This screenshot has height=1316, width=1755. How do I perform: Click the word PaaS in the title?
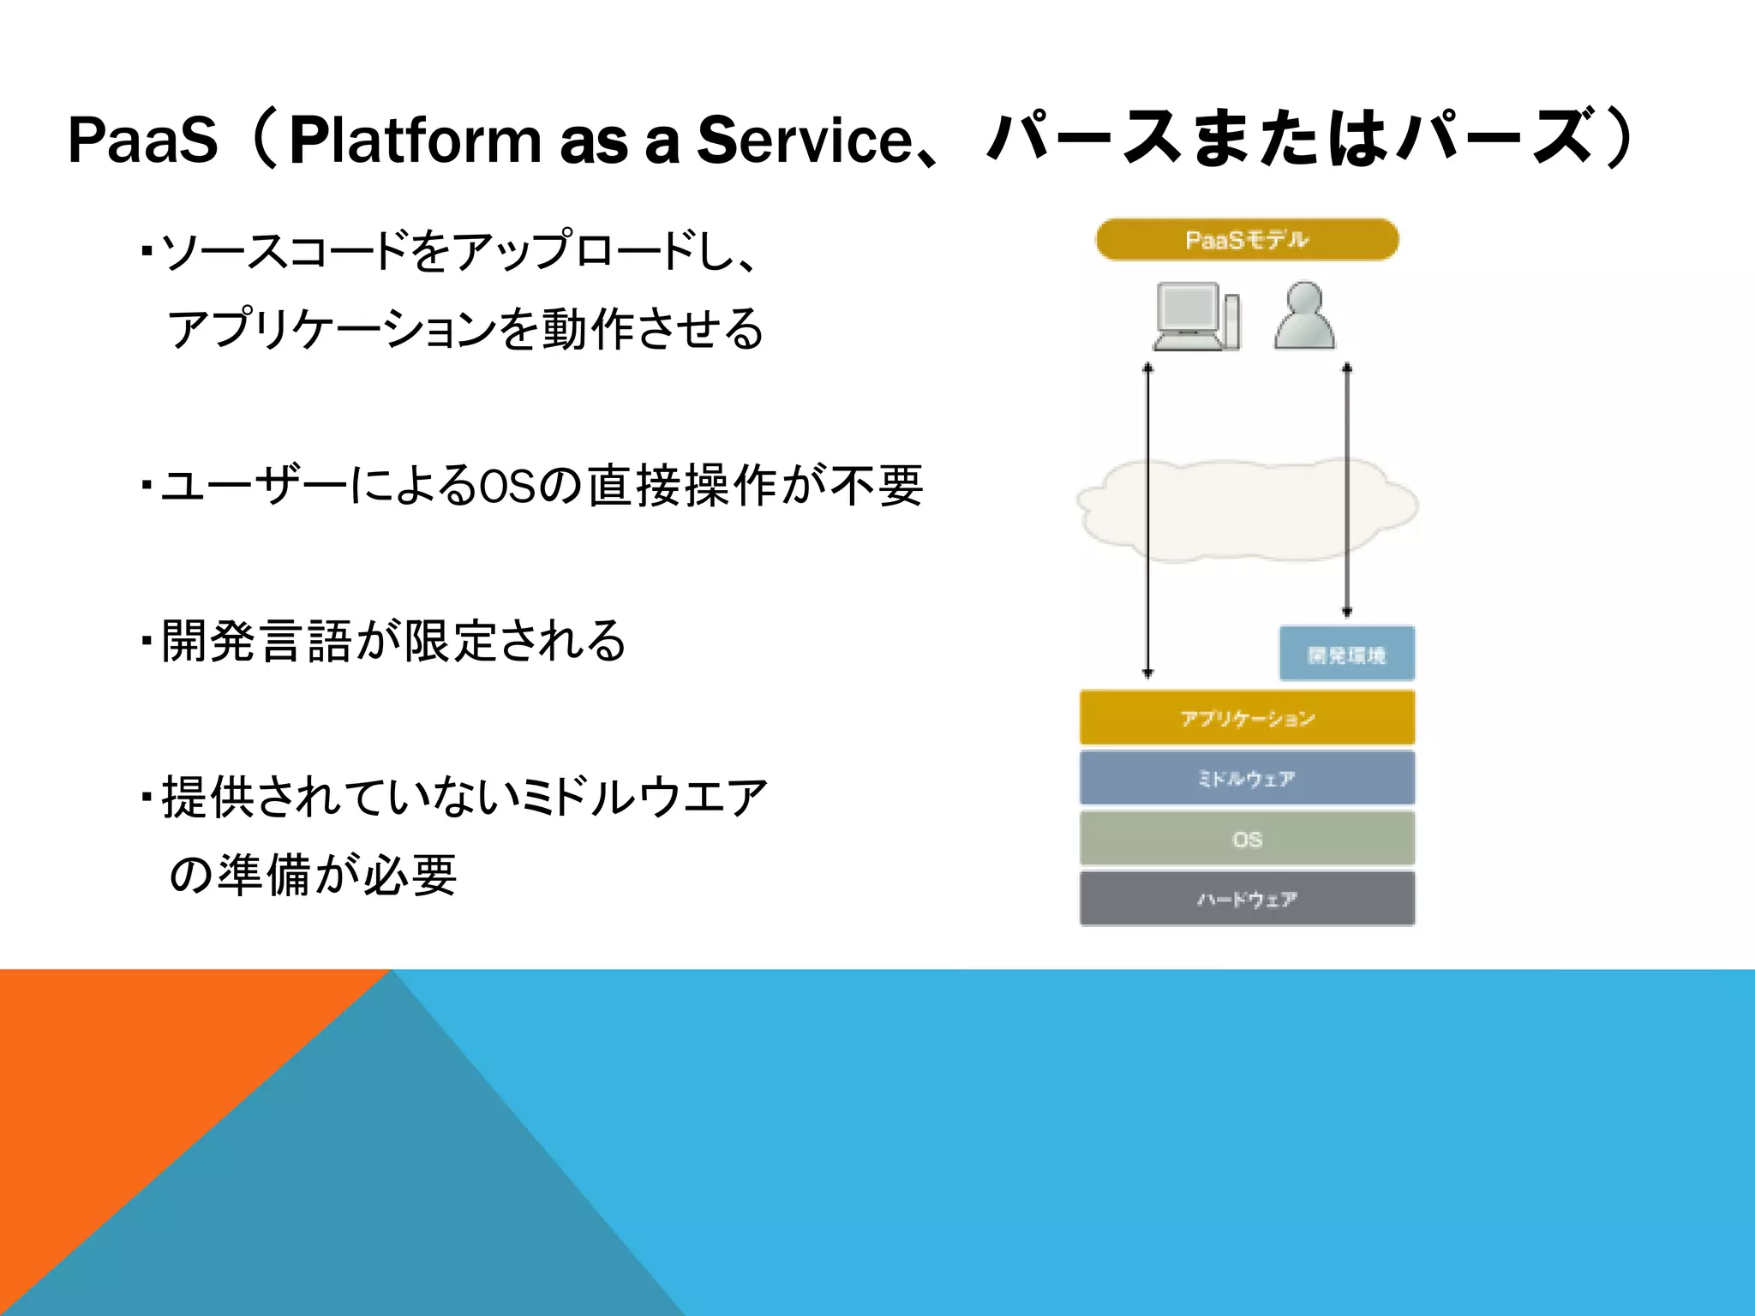coord(143,140)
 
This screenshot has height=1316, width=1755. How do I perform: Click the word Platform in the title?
coord(415,140)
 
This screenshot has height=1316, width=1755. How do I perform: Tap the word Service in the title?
coord(805,140)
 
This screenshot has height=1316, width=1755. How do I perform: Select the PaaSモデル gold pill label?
coord(1247,240)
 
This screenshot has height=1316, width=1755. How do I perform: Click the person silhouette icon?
coord(1304,315)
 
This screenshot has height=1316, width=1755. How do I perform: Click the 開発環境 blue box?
coord(1346,655)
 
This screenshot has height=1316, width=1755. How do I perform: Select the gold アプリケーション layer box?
coord(1247,718)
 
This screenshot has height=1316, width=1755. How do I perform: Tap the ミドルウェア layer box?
coord(1247,778)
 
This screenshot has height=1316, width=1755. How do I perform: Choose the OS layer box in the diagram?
coord(1247,839)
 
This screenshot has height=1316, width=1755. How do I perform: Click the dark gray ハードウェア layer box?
coord(1247,899)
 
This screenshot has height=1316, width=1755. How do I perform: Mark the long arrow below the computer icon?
coord(1148,523)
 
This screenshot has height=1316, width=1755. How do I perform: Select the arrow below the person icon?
coord(1347,488)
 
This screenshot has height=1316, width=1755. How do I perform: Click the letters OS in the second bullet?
coord(506,486)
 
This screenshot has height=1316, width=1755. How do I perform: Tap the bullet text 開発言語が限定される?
coord(394,641)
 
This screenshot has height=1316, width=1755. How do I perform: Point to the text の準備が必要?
coord(313,875)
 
